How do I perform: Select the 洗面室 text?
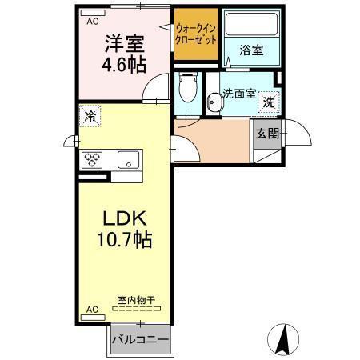click(x=238, y=92)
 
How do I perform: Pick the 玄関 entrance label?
click(x=266, y=134)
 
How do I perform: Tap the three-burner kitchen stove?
click(x=93, y=158)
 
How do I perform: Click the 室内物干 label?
click(x=137, y=300)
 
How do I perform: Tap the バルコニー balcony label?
click(x=141, y=339)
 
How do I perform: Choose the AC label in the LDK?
click(x=91, y=309)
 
